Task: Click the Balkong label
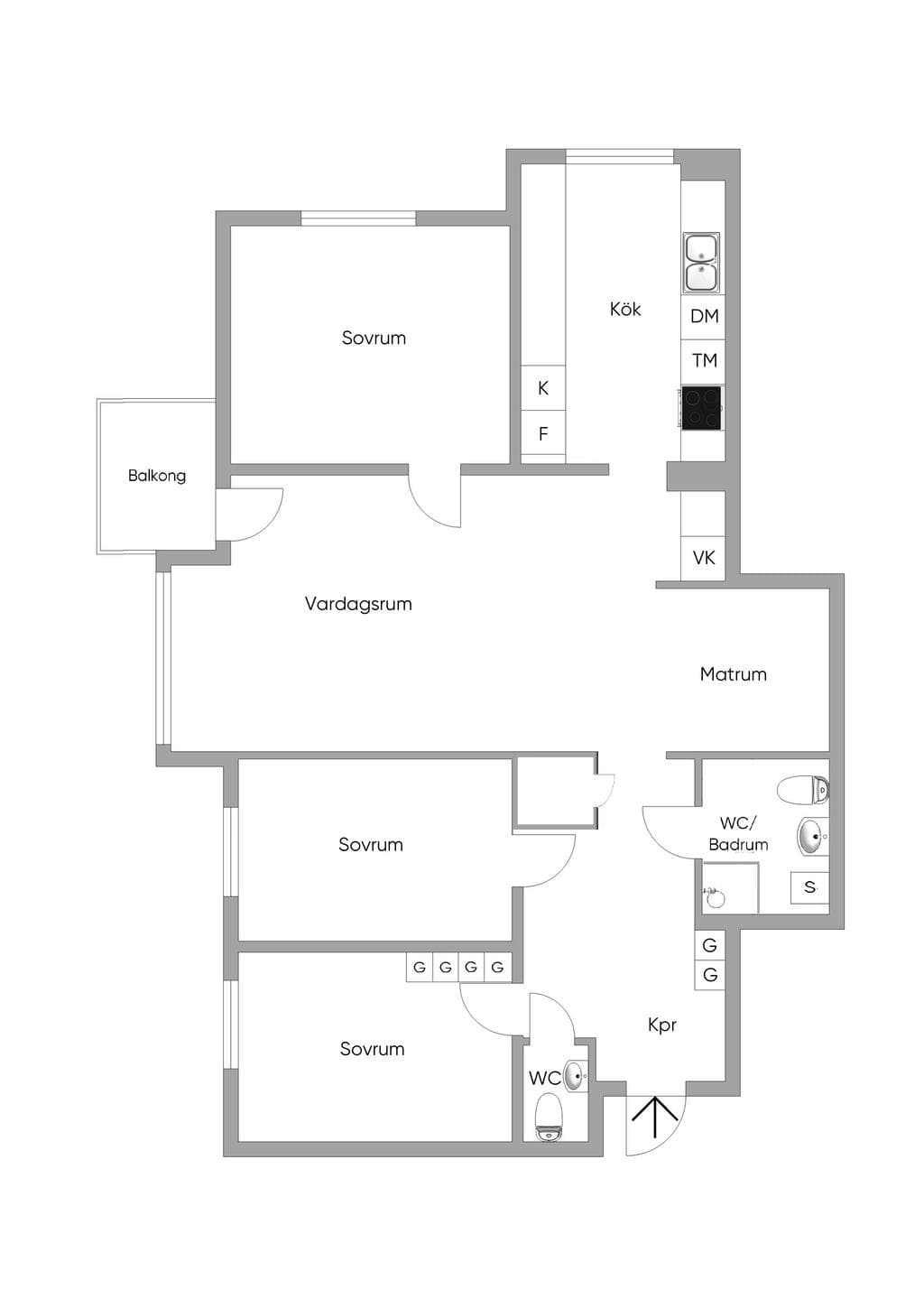(156, 476)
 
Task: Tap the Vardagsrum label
(358, 604)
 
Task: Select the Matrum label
(733, 674)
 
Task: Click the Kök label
(625, 309)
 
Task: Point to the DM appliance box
(703, 317)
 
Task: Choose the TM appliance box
(703, 361)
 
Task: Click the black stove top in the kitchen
(702, 408)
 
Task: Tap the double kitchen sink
(702, 263)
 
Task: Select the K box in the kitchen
(543, 388)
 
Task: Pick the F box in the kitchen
(543, 434)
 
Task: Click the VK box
(703, 558)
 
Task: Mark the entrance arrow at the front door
(655, 1118)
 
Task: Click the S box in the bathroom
(809, 887)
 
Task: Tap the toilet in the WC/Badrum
(803, 791)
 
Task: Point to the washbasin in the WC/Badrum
(812, 838)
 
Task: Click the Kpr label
(662, 1025)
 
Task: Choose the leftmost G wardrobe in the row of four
(419, 968)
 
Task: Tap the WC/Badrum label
(738, 834)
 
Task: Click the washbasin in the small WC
(575, 1074)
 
